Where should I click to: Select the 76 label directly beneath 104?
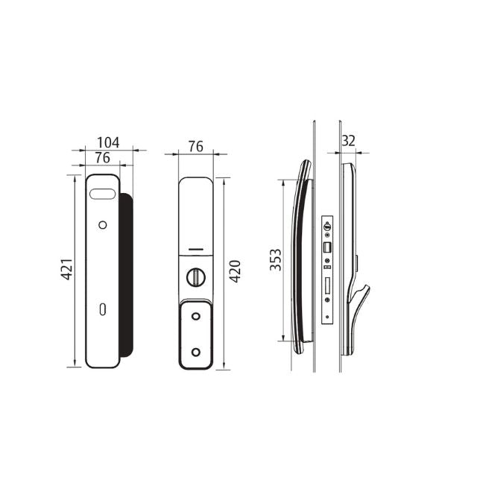[102, 157]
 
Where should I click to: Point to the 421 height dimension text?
[66, 270]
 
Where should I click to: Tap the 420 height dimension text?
[235, 272]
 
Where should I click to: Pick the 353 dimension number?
[275, 259]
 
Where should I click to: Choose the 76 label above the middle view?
[195, 146]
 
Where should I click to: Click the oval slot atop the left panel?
[102, 195]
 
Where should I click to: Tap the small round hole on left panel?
[102, 225]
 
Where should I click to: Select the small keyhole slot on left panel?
[102, 309]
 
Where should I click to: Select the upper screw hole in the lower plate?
[195, 317]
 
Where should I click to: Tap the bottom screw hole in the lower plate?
[195, 351]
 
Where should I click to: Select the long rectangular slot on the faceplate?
[326, 286]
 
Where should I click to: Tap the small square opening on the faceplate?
[326, 246]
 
